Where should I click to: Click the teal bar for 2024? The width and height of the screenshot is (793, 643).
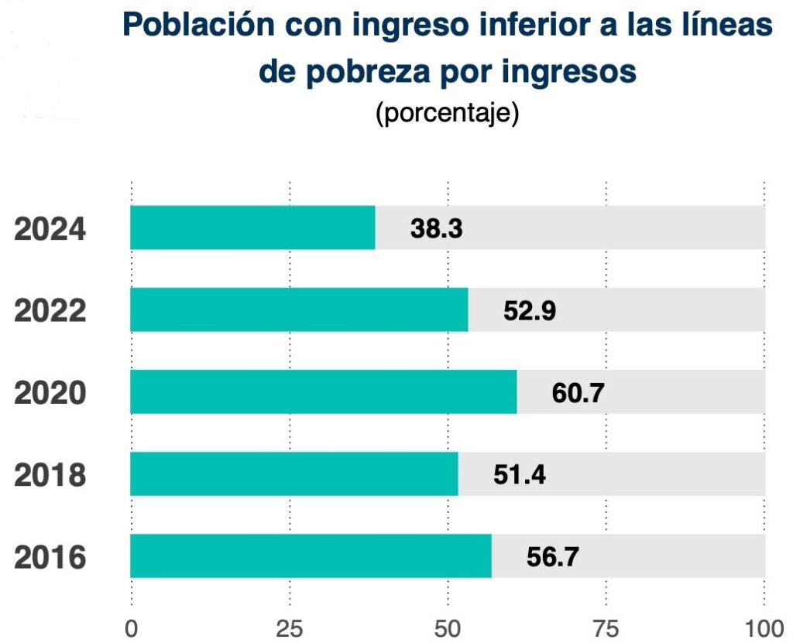pos(252,227)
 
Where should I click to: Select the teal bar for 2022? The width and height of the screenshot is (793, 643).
pos(299,310)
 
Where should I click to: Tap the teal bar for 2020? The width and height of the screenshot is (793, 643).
pos(323,392)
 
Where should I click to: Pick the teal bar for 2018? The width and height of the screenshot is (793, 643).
pos(294,474)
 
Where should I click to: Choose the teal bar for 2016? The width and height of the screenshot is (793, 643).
pos(311,556)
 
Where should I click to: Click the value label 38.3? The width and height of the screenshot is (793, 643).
pos(437,228)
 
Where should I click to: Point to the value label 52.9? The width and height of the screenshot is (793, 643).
pos(530,310)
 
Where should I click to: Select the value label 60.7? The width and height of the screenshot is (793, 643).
pos(578,392)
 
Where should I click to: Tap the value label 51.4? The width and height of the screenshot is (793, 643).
pos(520,474)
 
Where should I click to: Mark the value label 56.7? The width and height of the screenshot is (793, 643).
pos(553,556)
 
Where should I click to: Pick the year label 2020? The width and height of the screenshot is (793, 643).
pos(50,393)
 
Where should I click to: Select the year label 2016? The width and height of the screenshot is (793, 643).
pos(50,557)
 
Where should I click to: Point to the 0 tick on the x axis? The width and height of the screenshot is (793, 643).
pos(131,627)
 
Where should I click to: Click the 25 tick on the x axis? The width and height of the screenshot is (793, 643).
pos(290,627)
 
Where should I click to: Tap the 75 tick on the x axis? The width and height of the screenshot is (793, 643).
pos(606,627)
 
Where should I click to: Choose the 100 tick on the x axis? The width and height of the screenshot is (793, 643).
pos(764,627)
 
